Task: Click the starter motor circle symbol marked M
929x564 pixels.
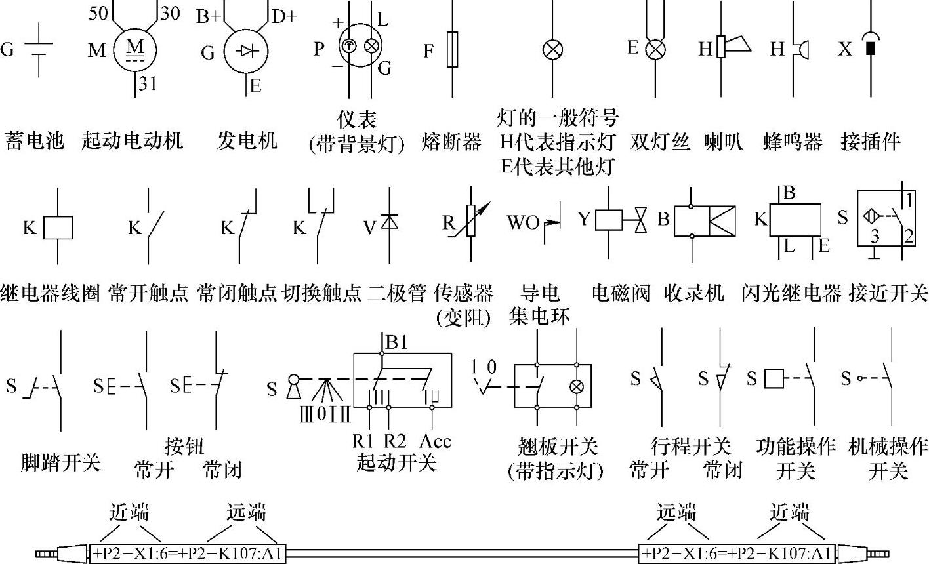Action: (x=135, y=50)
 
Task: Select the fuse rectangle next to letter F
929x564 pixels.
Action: (x=452, y=50)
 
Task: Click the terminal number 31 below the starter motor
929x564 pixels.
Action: (x=148, y=85)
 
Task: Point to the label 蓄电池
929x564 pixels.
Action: (x=35, y=140)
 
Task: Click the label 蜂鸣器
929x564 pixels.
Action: (x=793, y=142)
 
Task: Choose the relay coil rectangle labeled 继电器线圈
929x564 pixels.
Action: (x=58, y=228)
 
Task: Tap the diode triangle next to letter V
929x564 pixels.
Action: (x=391, y=222)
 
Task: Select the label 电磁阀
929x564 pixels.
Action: (x=621, y=292)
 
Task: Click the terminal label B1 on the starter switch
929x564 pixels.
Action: (x=397, y=342)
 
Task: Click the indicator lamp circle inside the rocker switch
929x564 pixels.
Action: (x=577, y=386)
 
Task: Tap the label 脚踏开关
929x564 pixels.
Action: (x=61, y=463)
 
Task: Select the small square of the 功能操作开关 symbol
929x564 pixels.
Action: (x=775, y=378)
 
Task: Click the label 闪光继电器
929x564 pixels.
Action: (x=792, y=292)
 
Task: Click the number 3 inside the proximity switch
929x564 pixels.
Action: (x=875, y=236)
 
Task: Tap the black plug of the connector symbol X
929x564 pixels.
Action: (x=871, y=49)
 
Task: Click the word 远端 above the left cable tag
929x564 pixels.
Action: (x=247, y=511)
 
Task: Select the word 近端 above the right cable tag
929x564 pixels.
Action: (x=790, y=511)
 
